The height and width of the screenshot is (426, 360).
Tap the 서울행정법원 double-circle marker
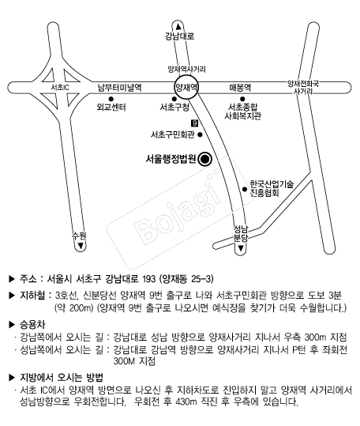point(204,159)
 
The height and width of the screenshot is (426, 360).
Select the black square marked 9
point(195,123)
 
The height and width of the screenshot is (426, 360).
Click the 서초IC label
point(60,88)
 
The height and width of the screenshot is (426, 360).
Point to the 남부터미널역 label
point(120,88)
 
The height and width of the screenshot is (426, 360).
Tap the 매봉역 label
point(240,88)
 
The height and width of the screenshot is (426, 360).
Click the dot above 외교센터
point(111,99)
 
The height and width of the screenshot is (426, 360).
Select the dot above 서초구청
point(174,99)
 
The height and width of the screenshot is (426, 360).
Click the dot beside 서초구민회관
point(201,134)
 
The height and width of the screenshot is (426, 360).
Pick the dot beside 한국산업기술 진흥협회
point(245,189)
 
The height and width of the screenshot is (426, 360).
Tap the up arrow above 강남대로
point(178,27)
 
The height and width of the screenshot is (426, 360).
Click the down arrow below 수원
point(81,246)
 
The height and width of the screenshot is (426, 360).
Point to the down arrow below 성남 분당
point(241,248)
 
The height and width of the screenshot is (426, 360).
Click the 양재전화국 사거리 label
point(303,88)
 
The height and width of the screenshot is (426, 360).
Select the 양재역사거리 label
point(186,70)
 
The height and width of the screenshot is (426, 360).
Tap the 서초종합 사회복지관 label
point(243,111)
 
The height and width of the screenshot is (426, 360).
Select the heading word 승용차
point(32,324)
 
